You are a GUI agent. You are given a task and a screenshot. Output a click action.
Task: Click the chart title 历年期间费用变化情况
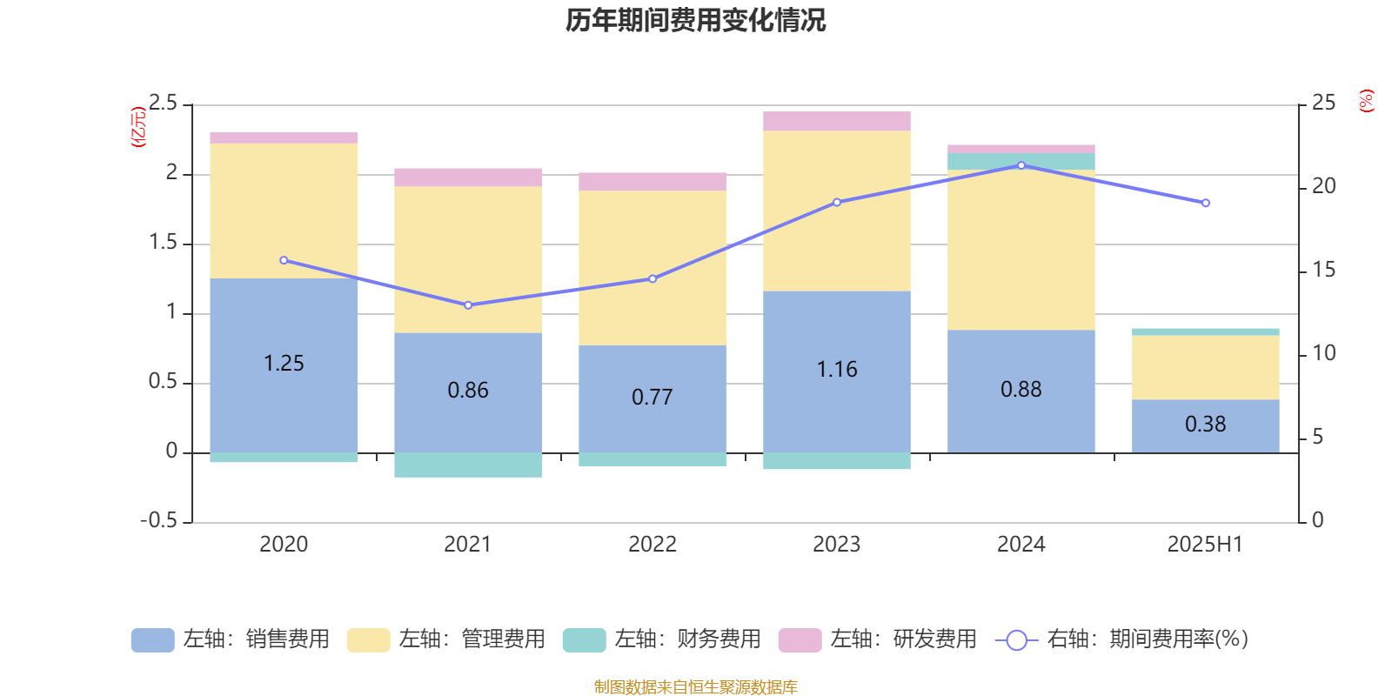(695, 20)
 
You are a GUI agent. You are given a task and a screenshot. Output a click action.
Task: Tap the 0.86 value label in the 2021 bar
(468, 391)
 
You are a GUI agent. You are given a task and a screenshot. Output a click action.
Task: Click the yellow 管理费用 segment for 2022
(652, 267)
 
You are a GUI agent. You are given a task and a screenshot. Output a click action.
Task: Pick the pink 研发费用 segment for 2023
(837, 121)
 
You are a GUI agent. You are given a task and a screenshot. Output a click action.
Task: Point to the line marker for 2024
(1021, 165)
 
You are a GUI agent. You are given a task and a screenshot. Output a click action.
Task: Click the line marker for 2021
(468, 305)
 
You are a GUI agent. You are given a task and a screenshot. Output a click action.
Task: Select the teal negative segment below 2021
(468, 465)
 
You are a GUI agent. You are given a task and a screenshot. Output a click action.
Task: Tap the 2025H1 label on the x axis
(1205, 545)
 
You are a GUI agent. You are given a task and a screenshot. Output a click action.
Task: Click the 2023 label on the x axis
(837, 545)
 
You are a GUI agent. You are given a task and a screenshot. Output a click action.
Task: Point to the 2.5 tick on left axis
(163, 104)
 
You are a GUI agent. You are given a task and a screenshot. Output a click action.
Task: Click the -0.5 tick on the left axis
(159, 520)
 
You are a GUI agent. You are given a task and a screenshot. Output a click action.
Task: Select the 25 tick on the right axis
(1323, 104)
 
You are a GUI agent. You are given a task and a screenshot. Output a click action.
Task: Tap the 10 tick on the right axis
(1323, 353)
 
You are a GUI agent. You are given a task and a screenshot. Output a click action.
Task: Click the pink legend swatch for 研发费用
(800, 640)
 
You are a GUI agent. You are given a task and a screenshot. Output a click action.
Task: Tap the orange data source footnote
(695, 687)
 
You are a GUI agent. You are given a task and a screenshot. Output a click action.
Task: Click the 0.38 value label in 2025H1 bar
(1205, 425)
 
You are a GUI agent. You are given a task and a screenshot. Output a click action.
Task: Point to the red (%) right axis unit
(1366, 101)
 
